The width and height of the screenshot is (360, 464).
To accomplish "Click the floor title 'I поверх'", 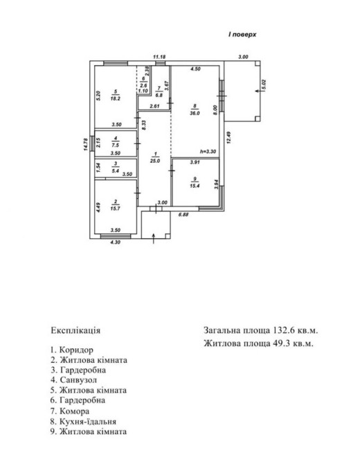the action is point(242,35).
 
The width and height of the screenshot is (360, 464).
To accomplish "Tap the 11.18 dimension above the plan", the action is point(159,57).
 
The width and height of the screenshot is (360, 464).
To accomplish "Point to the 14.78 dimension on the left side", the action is point(86,145).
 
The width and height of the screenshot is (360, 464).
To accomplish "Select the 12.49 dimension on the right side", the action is point(228,138).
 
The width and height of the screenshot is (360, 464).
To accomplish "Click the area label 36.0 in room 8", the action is point(195,113).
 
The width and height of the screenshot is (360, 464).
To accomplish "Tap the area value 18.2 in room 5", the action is point(116,98).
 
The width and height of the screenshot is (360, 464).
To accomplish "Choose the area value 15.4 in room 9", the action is point(195,186).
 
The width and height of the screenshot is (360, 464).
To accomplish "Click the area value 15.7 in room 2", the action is point(116,208).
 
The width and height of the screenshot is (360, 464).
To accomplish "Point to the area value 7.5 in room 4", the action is point(116,145).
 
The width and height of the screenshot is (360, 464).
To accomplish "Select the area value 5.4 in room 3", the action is point(116,171).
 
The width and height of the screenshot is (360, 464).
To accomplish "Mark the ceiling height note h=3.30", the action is point(208,152).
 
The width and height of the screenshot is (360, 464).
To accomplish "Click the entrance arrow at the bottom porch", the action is point(154,238).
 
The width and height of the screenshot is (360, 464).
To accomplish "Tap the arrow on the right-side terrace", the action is point(260,91).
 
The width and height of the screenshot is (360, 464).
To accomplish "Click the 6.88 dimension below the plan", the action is point(183,214).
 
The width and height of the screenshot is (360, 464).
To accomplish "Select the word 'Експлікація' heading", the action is point(75,330).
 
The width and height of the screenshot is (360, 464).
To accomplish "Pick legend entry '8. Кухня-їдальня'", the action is point(83,421).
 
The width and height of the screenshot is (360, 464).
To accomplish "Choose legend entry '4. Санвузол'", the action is point(73,380).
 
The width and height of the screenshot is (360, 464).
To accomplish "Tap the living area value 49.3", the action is point(280,343).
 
